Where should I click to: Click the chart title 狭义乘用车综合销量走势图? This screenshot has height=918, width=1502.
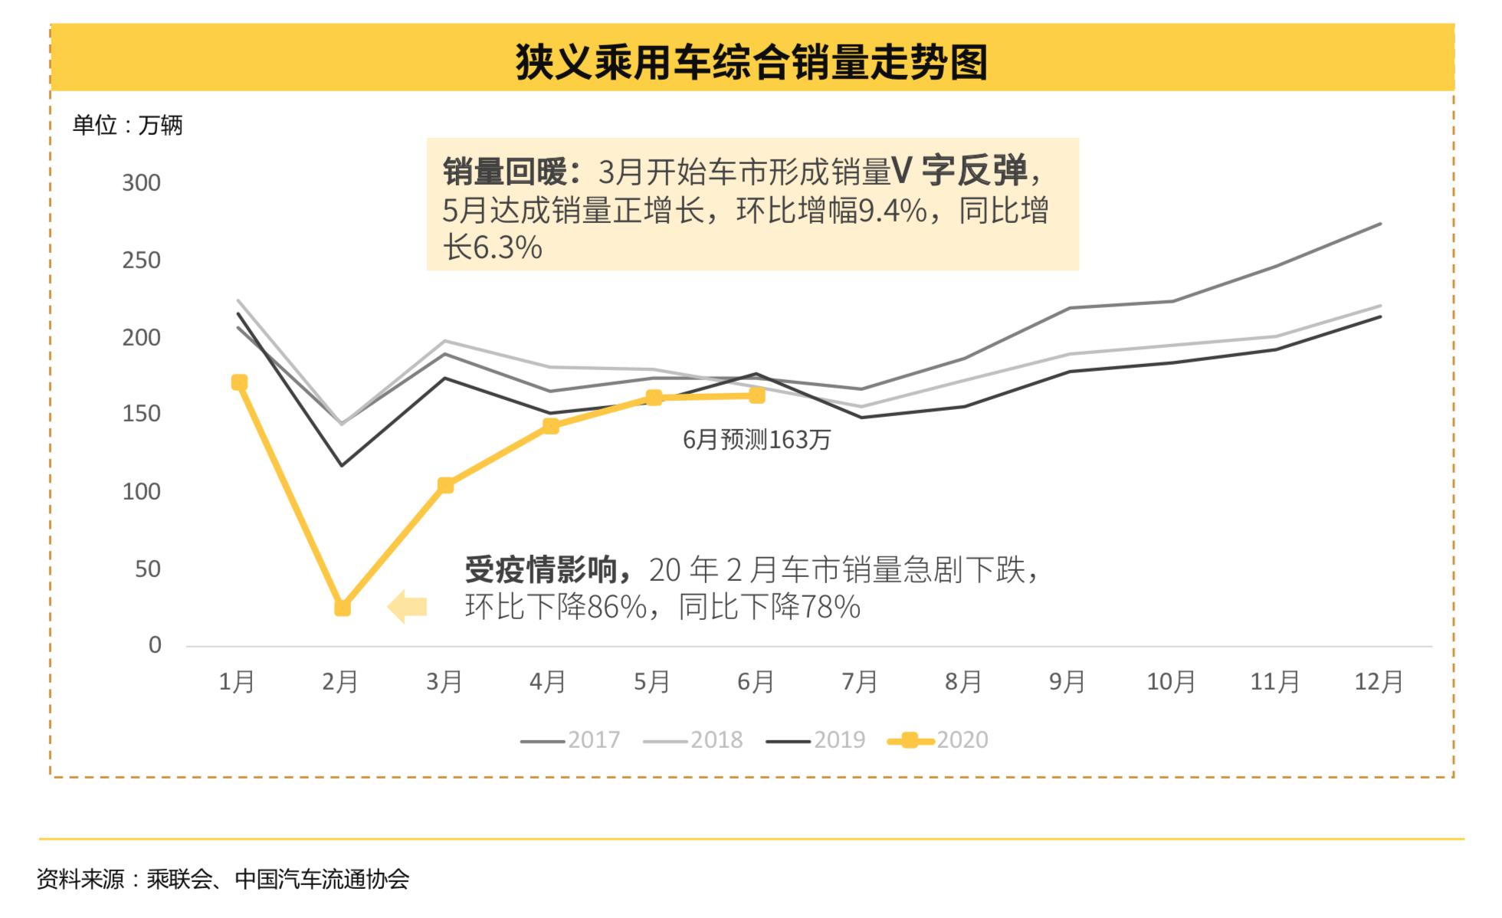tap(751, 61)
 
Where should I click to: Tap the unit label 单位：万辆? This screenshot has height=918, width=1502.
tap(127, 125)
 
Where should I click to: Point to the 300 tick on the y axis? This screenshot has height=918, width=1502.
tap(141, 183)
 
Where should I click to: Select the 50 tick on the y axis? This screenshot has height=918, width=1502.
tap(147, 569)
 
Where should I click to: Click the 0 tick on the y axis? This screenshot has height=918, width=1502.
tap(155, 645)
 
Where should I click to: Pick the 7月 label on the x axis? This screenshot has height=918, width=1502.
tap(859, 681)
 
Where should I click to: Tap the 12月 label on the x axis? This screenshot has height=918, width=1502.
tap(1378, 681)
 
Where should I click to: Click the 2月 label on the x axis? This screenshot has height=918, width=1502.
tap(340, 681)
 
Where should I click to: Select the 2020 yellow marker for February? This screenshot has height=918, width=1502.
tap(343, 608)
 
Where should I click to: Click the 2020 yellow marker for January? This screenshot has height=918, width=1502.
tap(239, 382)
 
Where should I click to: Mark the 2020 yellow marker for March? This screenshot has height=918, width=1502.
tap(445, 485)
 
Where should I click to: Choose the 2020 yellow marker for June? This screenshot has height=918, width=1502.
tap(756, 395)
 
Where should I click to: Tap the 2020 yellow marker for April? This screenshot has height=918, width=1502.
tap(550, 426)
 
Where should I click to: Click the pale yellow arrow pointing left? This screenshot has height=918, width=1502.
tap(407, 607)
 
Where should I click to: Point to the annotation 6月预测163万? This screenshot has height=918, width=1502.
tap(756, 440)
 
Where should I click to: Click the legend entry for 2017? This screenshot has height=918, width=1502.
tap(570, 740)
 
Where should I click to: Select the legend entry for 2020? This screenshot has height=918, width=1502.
tap(938, 740)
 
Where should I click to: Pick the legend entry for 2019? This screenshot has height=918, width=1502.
tap(815, 740)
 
